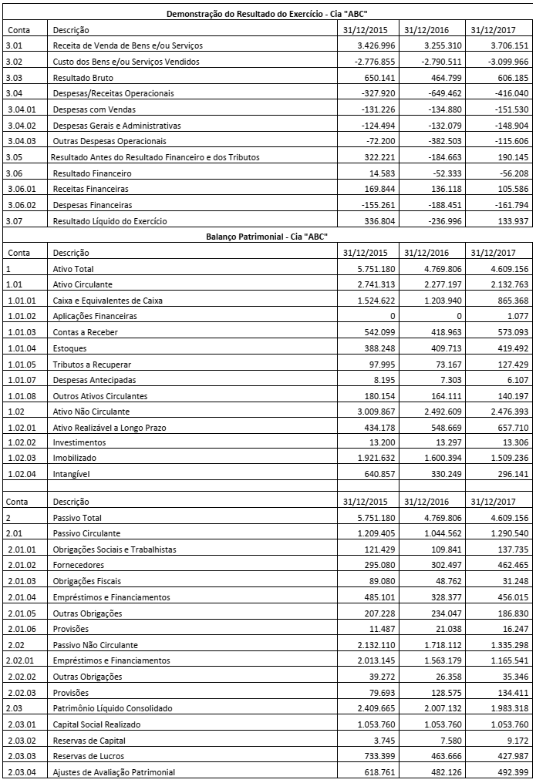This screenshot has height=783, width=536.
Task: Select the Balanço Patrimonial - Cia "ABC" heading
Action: tap(268, 237)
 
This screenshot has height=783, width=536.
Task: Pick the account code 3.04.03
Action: tap(22, 141)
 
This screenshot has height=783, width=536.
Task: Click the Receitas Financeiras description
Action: tap(90, 189)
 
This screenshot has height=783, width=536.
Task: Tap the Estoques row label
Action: tap(70, 348)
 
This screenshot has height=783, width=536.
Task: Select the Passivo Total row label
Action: tap(76, 518)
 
